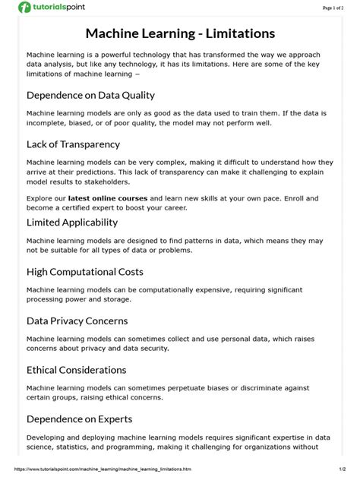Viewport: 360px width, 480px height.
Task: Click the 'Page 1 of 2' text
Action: [x=338, y=7]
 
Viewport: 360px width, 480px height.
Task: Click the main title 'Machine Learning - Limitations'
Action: [x=179, y=33]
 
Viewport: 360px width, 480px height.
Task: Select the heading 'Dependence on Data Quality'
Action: [x=90, y=95]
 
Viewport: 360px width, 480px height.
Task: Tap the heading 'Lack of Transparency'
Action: [x=73, y=144]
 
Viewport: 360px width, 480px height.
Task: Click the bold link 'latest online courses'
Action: [x=107, y=197]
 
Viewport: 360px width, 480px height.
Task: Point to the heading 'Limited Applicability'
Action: [x=72, y=222]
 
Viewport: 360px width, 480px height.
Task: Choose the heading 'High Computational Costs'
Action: [x=84, y=271]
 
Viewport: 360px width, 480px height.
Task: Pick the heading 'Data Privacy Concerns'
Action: [x=77, y=321]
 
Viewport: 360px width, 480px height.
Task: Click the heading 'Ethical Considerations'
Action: [x=76, y=370]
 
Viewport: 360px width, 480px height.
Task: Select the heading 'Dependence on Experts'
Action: [x=79, y=418]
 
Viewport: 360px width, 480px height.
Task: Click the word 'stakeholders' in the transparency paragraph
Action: [x=106, y=182]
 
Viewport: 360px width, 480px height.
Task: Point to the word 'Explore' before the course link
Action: [x=40, y=197]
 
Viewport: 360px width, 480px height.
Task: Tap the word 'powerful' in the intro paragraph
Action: [x=117, y=55]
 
